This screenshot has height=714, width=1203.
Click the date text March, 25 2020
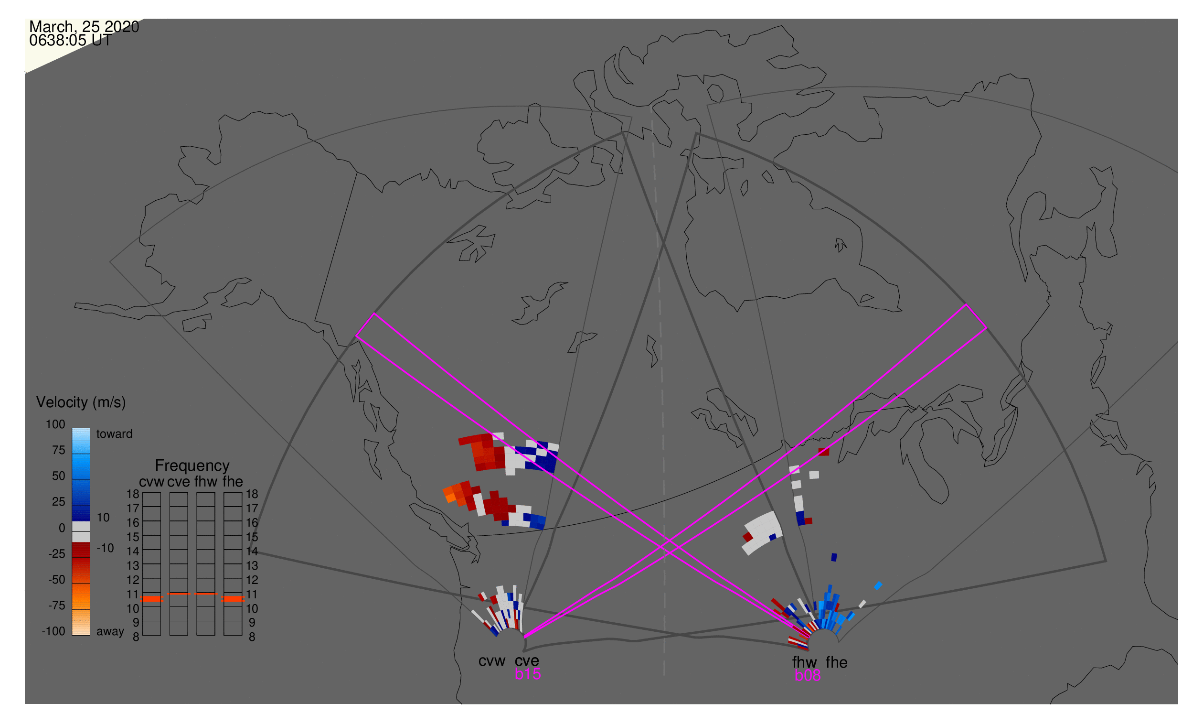84,26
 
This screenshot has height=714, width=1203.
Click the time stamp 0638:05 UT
70,41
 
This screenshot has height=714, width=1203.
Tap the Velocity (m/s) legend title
81,403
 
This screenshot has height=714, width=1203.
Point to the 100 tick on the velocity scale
55,425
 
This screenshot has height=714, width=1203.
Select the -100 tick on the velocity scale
53,632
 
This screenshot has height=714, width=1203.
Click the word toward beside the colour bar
115,434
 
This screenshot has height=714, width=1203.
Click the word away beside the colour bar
110,632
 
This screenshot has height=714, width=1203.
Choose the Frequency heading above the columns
192,466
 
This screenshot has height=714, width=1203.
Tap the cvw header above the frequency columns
152,482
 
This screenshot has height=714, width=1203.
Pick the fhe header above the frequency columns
233,482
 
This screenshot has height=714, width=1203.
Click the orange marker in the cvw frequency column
152,599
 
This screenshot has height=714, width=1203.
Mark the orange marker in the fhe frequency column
233,599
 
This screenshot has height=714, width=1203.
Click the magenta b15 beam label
528,674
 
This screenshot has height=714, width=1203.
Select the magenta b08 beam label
808,676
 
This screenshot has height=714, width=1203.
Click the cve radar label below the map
527,661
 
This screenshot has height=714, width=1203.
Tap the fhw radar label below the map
805,663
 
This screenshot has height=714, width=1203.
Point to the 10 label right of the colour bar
103,518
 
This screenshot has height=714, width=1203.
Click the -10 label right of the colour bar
105,549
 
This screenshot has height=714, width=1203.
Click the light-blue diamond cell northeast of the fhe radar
878,586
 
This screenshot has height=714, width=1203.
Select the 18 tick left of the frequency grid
133,495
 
